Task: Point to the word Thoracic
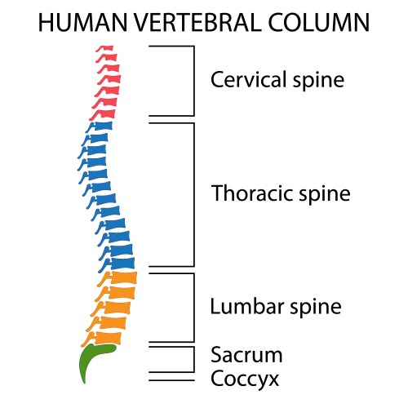246,194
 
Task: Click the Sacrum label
246,355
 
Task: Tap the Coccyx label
245,379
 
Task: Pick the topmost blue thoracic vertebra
100,126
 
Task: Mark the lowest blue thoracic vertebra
121,261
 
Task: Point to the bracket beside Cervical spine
193,80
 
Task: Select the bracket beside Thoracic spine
193,194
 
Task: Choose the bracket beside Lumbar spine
193,307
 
